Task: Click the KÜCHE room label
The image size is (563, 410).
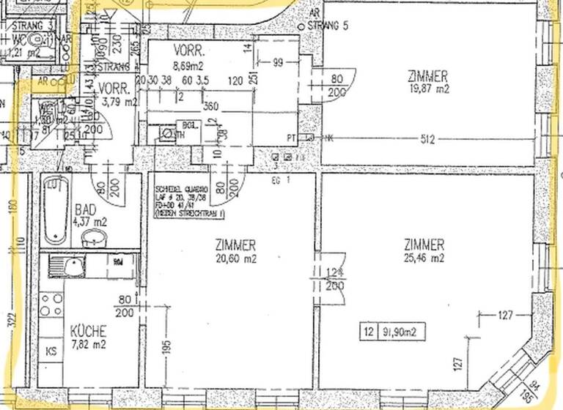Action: pos(89,331)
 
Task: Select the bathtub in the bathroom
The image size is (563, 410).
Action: pos(54,210)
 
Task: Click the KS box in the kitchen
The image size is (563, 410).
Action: pos(51,351)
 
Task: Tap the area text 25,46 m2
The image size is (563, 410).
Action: pos(424,257)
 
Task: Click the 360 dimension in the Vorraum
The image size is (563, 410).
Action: pos(211,106)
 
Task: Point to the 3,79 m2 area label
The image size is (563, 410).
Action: pos(121,102)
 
